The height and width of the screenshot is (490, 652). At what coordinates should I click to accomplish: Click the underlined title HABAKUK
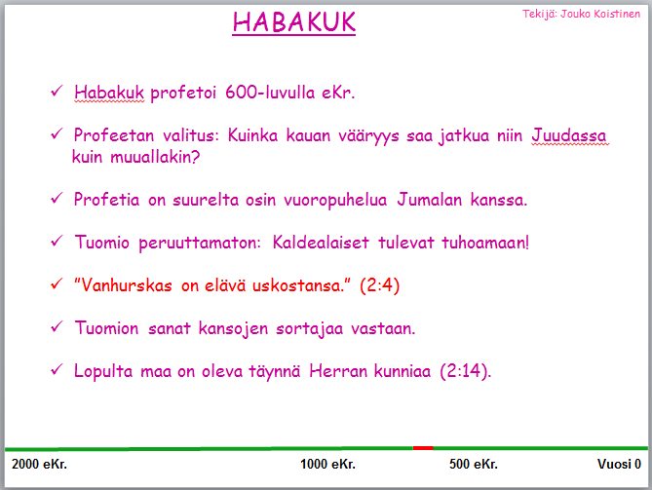click(x=294, y=22)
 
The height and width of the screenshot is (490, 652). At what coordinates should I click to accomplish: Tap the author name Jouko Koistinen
click(x=600, y=14)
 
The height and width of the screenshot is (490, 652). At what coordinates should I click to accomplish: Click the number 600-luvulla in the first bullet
click(x=270, y=93)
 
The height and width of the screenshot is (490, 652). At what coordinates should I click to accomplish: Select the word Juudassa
click(x=569, y=135)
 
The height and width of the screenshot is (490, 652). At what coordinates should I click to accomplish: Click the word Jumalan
click(x=429, y=200)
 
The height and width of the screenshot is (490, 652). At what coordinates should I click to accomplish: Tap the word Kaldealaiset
click(x=321, y=243)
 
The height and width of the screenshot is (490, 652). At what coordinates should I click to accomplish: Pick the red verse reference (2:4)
click(x=380, y=285)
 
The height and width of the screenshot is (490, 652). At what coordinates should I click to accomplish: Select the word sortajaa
click(x=309, y=328)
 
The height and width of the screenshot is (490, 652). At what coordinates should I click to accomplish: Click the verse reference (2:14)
click(x=466, y=371)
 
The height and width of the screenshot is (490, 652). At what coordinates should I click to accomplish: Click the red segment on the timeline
click(x=423, y=448)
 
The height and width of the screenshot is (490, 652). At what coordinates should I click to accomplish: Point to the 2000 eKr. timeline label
click(x=40, y=464)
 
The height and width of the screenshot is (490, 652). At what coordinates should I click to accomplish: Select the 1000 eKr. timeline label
click(x=327, y=464)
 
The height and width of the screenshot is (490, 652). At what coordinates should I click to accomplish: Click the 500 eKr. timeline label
click(x=474, y=464)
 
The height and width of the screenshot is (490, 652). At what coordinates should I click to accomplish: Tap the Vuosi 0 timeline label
click(x=619, y=464)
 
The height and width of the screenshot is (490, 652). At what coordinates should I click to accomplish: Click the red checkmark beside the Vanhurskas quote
click(x=57, y=284)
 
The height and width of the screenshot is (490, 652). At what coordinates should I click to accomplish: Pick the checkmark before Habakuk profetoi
click(x=57, y=91)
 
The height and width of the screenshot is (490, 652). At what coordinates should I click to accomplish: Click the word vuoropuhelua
click(x=335, y=200)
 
